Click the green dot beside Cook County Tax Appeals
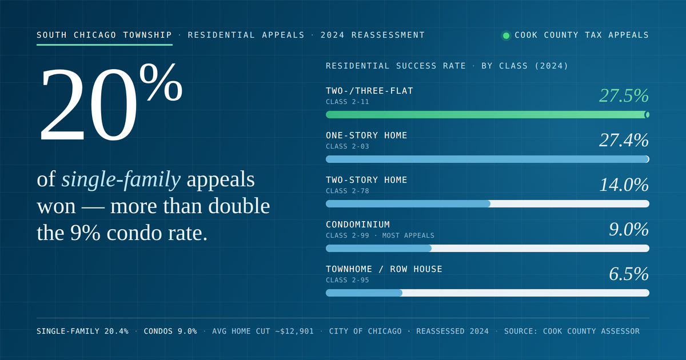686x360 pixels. point(506,35)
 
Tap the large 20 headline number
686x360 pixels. point(89,105)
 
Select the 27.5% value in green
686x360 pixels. point(624,95)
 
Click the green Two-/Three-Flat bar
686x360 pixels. point(488,115)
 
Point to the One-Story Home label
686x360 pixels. point(366,135)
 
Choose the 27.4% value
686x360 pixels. point(624,140)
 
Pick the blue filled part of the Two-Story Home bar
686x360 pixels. point(408,204)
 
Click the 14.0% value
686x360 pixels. point(624,185)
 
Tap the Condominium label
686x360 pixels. point(358,225)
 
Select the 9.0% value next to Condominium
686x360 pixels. point(629,229)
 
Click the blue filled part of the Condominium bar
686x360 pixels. point(378,248)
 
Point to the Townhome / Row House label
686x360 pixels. point(384,269)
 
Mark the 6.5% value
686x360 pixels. point(629,274)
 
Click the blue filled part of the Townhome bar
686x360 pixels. point(364,293)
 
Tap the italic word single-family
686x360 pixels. point(121,179)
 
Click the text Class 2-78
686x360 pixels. point(348,191)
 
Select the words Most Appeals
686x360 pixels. point(408,235)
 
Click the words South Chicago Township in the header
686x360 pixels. point(104,35)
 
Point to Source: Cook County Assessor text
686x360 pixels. point(572,331)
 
